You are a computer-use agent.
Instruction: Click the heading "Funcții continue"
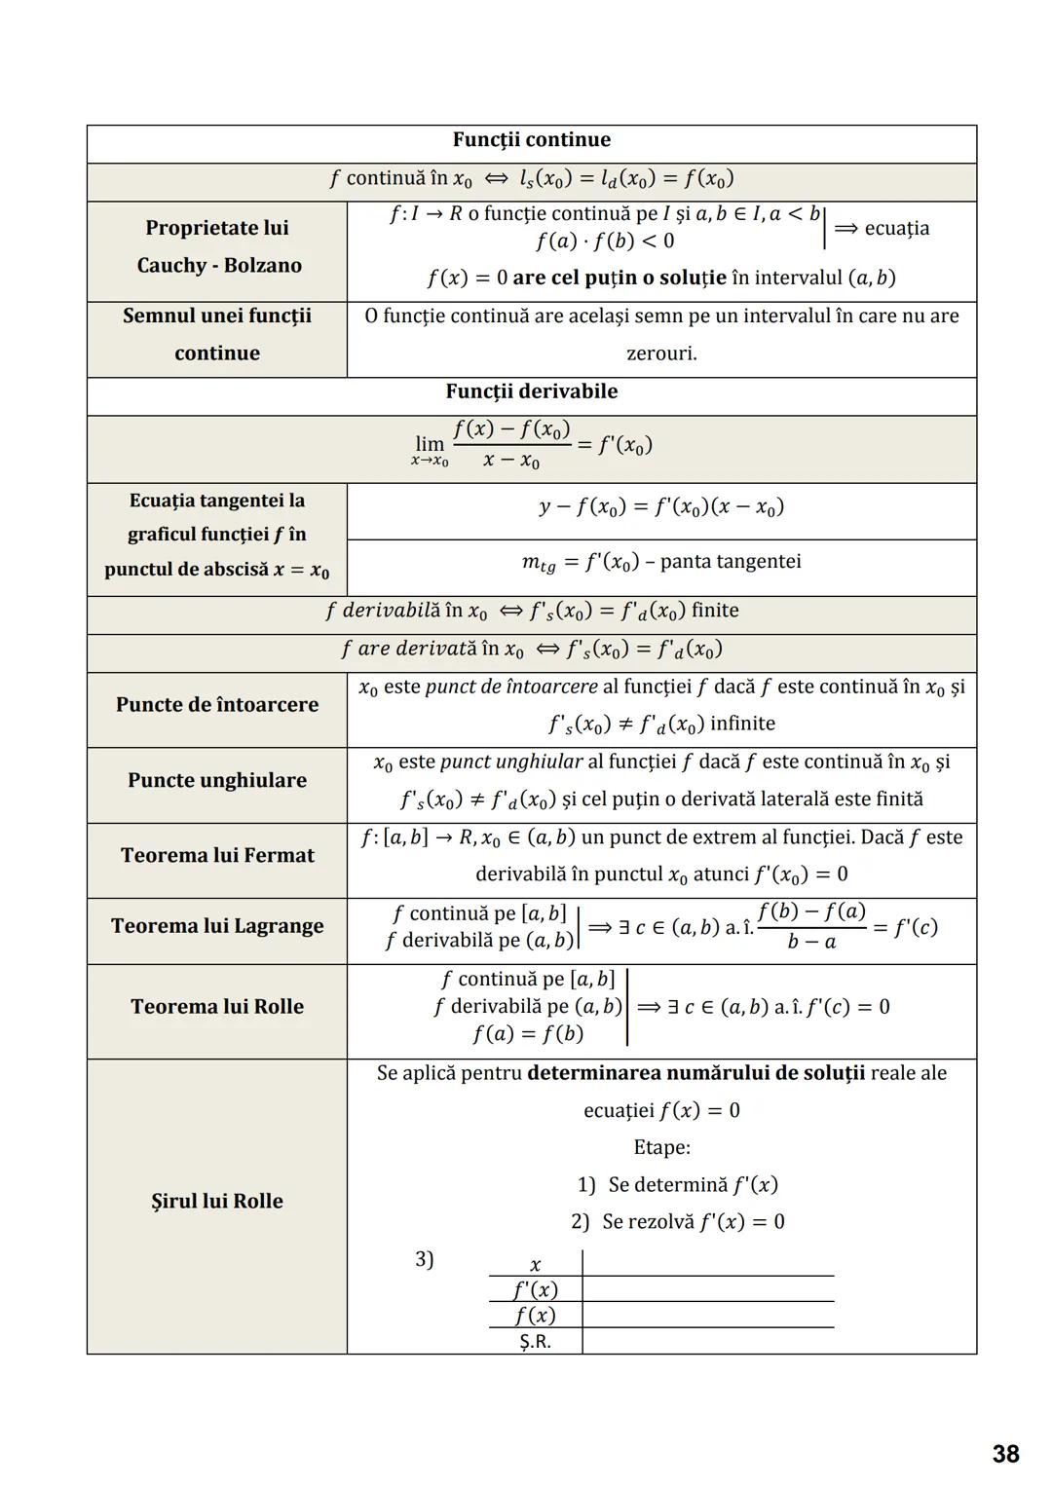point(531,140)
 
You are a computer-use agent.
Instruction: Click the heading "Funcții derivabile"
point(531,391)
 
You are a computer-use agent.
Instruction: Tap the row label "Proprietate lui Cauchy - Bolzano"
point(217,246)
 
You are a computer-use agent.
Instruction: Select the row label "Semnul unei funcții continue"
point(217,334)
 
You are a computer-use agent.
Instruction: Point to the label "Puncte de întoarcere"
point(217,705)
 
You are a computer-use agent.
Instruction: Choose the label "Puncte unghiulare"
point(217,780)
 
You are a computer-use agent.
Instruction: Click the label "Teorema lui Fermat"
point(217,855)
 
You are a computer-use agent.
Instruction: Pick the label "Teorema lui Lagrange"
point(217,926)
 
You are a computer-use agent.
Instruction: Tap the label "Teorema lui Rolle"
point(217,1007)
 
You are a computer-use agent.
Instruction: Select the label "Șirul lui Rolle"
point(217,1202)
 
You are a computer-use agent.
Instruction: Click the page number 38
point(1005,1454)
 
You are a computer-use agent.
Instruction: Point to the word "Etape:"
point(661,1147)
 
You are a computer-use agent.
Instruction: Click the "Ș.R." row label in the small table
point(535,1342)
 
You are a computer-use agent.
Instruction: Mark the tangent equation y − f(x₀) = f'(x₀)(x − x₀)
point(661,507)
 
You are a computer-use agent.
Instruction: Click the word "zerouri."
point(661,353)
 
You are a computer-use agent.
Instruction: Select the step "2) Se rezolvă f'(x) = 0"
point(678,1222)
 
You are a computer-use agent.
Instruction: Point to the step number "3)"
point(425,1259)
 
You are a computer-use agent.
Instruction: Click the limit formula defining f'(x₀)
point(531,446)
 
